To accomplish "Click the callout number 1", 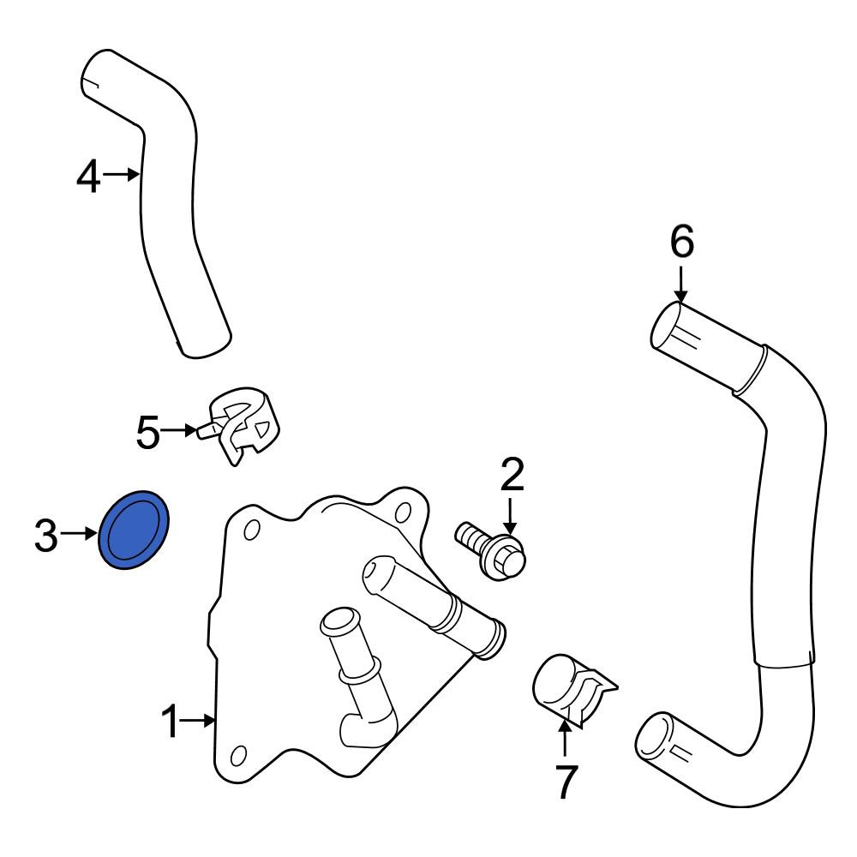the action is (x=171, y=722).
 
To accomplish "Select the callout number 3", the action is (x=46, y=535).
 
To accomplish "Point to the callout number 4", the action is (x=88, y=176).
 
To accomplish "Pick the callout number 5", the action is (x=147, y=432).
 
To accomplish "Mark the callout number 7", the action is (x=566, y=782).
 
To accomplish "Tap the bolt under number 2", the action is (x=490, y=550).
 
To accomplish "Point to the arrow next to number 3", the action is (x=79, y=533).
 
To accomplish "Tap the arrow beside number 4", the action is (x=122, y=175).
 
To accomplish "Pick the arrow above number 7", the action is (x=565, y=739).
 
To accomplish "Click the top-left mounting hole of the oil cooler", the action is (x=252, y=530).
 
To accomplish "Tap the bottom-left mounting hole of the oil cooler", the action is (x=238, y=755).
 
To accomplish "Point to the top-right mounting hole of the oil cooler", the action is (x=403, y=512).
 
